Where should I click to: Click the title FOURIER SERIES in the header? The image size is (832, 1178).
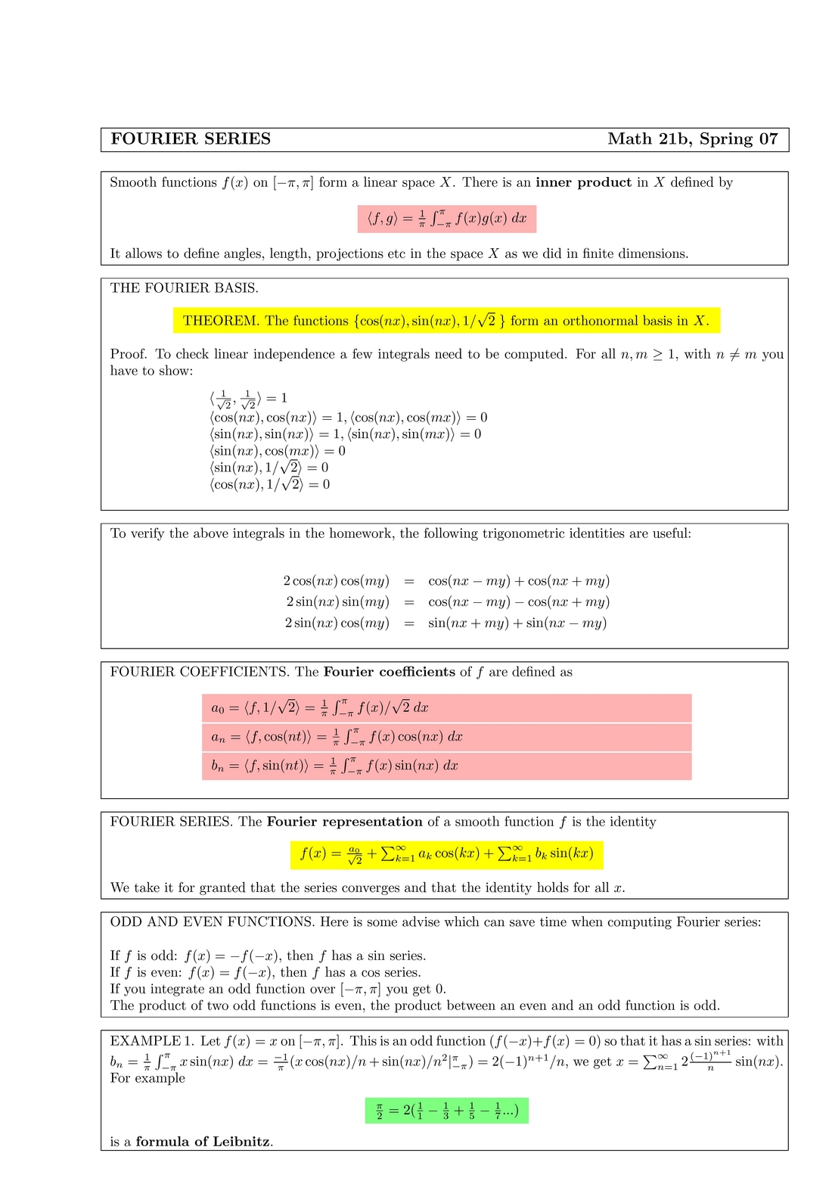(x=191, y=139)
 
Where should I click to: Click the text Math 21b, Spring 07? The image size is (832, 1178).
(x=692, y=139)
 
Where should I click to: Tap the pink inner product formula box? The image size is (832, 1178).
(x=446, y=219)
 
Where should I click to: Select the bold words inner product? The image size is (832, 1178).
(x=583, y=182)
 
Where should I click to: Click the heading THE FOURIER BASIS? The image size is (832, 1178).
(x=185, y=288)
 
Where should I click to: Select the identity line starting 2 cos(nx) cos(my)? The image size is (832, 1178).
(x=446, y=581)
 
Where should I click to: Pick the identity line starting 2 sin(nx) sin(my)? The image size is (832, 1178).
(x=446, y=602)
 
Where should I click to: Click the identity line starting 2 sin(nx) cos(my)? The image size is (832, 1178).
(x=446, y=623)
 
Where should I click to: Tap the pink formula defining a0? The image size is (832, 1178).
(x=446, y=708)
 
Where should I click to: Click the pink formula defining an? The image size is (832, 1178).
(x=446, y=737)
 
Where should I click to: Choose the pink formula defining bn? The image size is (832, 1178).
(x=446, y=766)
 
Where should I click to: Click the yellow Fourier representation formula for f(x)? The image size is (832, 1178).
(x=446, y=854)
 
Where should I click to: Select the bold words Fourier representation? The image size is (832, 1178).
(x=345, y=822)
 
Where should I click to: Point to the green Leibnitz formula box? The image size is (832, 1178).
(x=446, y=1111)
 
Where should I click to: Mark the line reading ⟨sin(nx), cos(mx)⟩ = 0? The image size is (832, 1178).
(x=278, y=451)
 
